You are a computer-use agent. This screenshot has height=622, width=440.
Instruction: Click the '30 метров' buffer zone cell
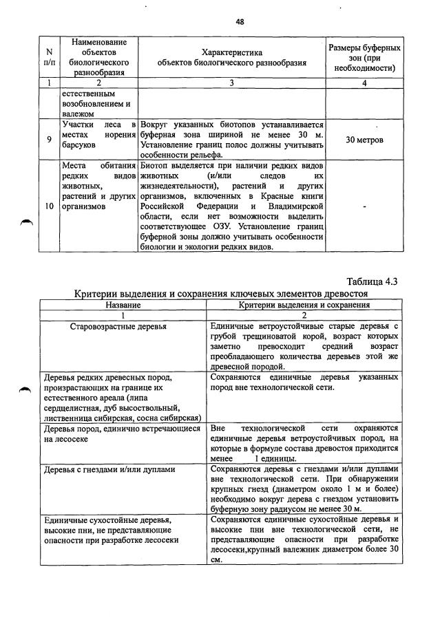(364, 140)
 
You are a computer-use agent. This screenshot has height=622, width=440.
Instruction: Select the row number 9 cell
(49, 140)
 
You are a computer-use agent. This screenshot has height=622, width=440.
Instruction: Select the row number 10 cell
(49, 205)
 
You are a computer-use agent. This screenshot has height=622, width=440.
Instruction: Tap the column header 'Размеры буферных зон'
(364, 57)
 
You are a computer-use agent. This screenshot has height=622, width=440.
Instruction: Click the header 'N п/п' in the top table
(49, 57)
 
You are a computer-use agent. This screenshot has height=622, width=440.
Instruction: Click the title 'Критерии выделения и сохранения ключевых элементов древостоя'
(222, 293)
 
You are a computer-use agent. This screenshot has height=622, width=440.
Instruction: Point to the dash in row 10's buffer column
(364, 205)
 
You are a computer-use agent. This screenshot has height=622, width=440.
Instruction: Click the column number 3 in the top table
(231, 83)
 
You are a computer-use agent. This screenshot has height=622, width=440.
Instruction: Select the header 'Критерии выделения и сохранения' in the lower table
(304, 303)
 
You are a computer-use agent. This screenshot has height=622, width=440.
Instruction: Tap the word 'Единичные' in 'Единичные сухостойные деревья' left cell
(67, 520)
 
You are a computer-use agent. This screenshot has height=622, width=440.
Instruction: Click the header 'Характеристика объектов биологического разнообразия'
(231, 57)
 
